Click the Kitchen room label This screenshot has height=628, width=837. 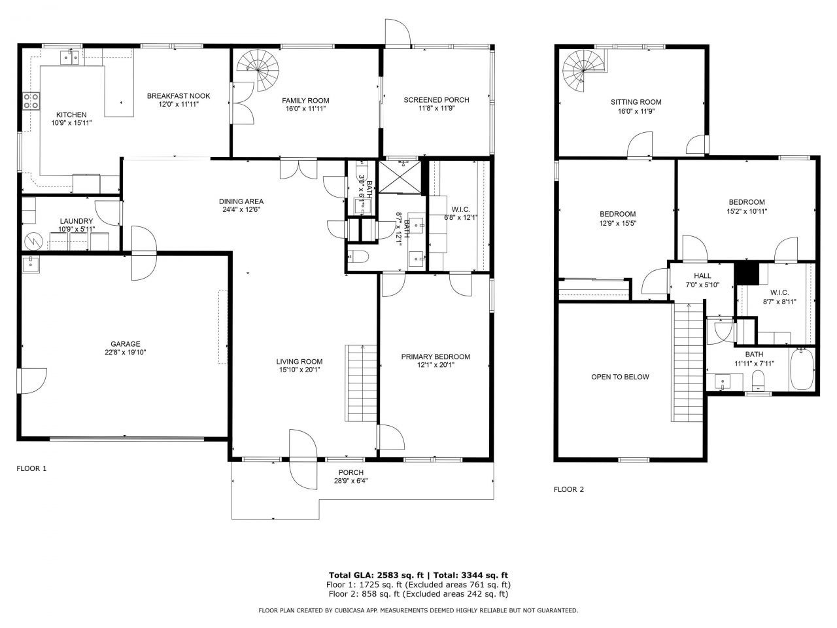71,114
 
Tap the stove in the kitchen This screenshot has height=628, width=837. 31,100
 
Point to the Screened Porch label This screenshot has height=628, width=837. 436,100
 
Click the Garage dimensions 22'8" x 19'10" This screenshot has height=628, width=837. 125,353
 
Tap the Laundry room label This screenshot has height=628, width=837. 76,221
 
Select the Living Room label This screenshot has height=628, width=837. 299,362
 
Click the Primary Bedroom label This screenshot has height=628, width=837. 436,357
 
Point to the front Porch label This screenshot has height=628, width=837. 350,473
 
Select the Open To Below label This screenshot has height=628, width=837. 620,377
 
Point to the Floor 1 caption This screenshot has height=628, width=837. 31,468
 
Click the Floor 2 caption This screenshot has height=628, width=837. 568,489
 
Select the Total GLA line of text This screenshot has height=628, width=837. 418,574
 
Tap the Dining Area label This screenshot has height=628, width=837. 241,201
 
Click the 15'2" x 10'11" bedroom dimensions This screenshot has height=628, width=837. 746,211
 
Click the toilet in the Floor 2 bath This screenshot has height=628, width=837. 759,381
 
